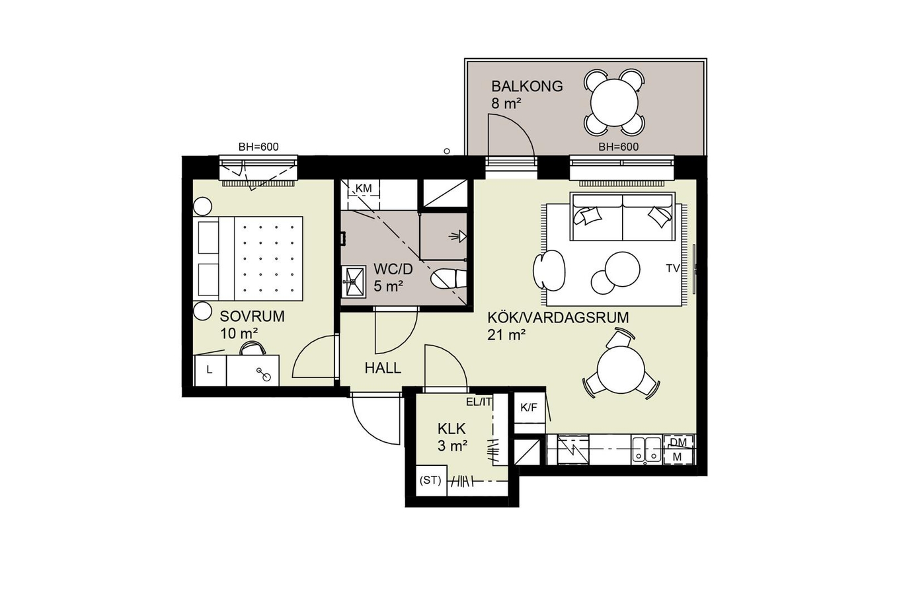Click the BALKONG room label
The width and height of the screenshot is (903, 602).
526,86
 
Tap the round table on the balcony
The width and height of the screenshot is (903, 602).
614,102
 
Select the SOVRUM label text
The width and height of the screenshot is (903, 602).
252,317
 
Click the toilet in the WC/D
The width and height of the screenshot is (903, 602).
448,278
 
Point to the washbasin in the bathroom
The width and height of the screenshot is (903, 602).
354,282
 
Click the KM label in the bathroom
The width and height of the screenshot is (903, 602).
363,188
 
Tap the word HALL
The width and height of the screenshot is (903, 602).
383,368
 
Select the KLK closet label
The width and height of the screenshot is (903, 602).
451,428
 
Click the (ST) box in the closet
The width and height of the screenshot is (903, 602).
430,480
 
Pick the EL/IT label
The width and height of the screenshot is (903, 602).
479,402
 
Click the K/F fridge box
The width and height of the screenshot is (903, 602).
530,407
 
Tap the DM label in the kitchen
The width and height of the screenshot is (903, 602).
678,443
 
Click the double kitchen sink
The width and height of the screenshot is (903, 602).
647,449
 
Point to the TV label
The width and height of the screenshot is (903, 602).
673,268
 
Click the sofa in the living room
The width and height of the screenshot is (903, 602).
623,217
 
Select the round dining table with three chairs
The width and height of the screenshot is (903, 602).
621,369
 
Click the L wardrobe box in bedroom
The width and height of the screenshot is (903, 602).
210,370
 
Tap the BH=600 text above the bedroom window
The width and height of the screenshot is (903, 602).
258,147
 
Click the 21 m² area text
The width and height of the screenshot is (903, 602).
506,334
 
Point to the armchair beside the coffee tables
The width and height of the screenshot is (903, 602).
549,270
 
